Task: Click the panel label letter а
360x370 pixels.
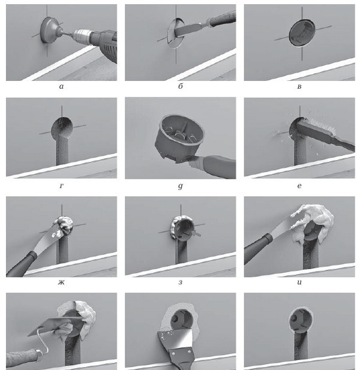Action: (61, 86)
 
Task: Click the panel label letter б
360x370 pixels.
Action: (181, 86)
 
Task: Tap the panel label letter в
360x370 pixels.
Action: (299, 86)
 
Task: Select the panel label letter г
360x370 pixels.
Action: (61, 186)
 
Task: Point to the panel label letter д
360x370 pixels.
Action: (181, 186)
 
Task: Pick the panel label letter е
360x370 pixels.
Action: (299, 186)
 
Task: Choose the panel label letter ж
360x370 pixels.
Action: (61, 282)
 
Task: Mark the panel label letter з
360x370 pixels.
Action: (181, 282)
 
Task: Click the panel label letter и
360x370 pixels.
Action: (299, 282)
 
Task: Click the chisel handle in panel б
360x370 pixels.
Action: (222, 18)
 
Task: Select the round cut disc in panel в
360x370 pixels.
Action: (302, 32)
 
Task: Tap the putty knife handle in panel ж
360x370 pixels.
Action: (21, 264)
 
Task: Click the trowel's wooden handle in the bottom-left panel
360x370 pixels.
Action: (23, 356)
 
